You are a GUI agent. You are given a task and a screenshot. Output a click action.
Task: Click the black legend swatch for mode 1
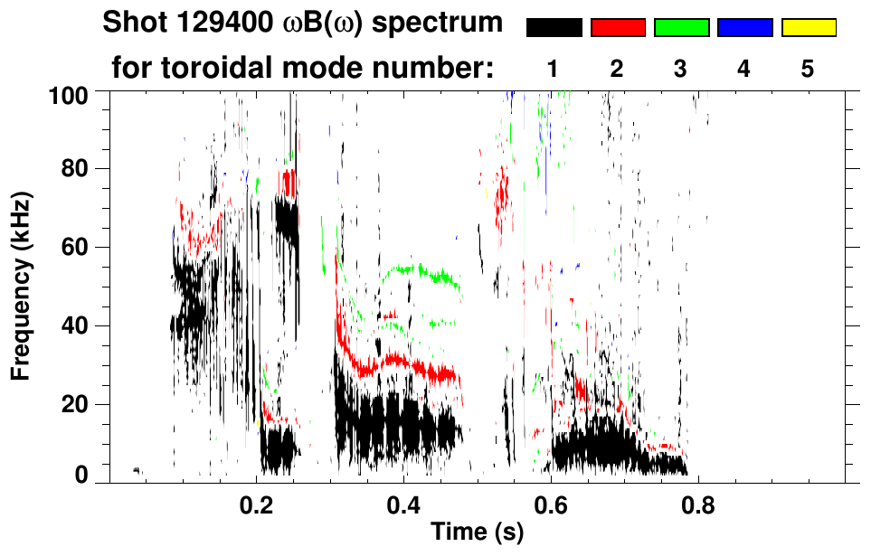pyautogui.click(x=554, y=28)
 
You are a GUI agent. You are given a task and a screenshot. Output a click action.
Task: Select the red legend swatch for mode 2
pyautogui.click(x=618, y=28)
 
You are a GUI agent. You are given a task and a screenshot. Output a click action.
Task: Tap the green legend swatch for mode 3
pyautogui.click(x=681, y=28)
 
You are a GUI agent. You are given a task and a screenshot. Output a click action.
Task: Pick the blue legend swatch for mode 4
pyautogui.click(x=744, y=28)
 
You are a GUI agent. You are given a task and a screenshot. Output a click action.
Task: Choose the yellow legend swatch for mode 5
pyautogui.click(x=808, y=28)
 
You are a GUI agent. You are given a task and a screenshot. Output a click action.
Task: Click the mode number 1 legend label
pyautogui.click(x=554, y=69)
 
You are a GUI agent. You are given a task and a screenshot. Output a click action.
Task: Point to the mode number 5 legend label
pyautogui.click(x=808, y=69)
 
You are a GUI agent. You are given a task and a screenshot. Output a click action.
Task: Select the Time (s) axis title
pyautogui.click(x=476, y=533)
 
